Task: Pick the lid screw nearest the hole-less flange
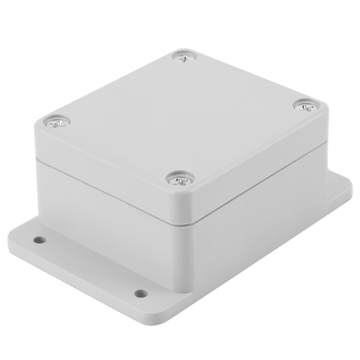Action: (305, 108)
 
